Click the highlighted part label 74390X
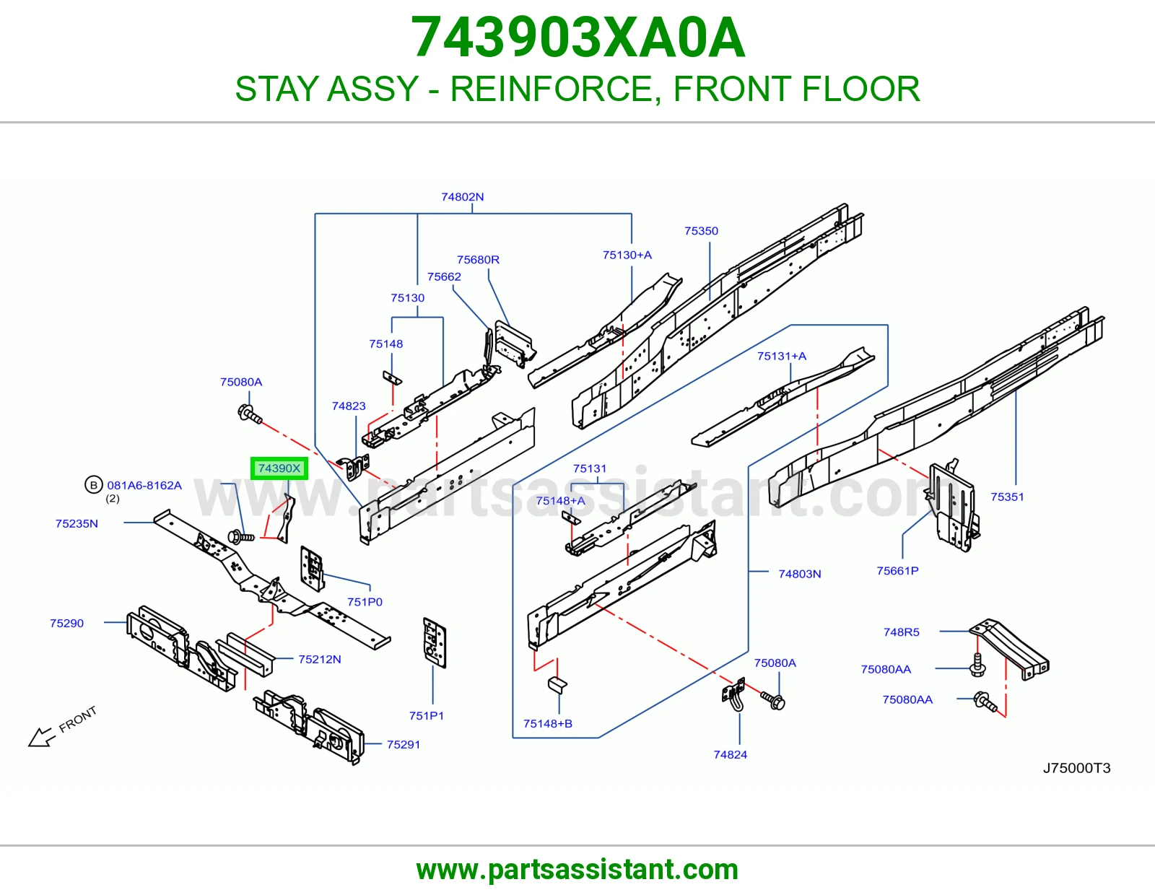click(279, 468)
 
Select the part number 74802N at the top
click(463, 196)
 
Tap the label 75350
click(701, 231)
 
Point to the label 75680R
click(478, 259)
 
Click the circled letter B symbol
click(94, 485)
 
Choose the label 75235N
click(77, 523)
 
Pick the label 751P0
click(365, 602)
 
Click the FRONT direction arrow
click(41, 737)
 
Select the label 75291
click(404, 744)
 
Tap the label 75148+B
click(547, 723)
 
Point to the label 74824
click(731, 754)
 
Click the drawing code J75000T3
click(1076, 768)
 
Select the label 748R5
click(902, 632)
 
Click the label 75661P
click(898, 571)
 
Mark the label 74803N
click(799, 574)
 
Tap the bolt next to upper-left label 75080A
click(249, 414)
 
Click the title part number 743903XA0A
click(577, 38)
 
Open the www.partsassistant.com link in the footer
click(577, 870)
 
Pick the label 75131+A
click(781, 356)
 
